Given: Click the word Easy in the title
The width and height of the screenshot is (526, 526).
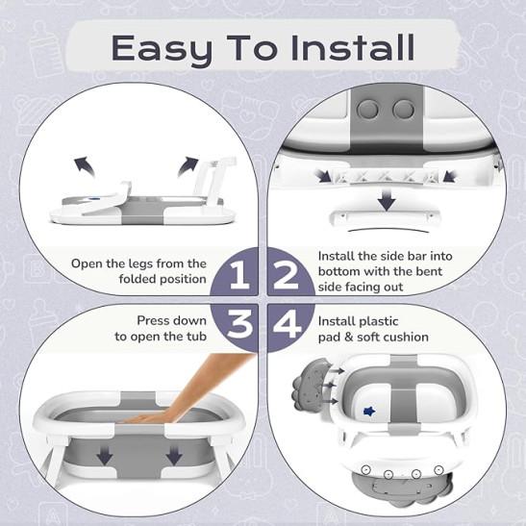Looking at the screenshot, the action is coord(162,49).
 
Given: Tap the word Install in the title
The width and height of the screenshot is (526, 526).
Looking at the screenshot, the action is coord(353,47).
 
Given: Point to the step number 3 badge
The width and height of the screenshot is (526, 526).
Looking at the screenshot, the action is coord(238,325).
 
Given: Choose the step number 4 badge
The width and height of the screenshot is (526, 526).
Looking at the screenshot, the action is coord(288,325).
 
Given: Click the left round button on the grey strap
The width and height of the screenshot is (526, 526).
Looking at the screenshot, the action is coord(367,110).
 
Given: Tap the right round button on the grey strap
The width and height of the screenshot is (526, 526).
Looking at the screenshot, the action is coord(404,110).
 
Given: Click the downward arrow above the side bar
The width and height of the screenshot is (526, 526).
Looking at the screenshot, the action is coord(387,199).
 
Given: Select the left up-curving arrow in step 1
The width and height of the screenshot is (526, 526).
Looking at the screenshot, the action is coord(85,165).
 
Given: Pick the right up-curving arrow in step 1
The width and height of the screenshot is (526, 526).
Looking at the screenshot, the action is coord(188,166).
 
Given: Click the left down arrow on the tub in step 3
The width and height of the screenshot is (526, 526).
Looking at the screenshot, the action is coord(105,456).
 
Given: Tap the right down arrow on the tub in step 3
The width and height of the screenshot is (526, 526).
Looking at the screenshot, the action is coord(174,456).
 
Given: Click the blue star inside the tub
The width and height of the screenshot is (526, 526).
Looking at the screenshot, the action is coord(369,411).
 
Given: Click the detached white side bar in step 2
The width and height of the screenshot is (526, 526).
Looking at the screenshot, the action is coord(385,217).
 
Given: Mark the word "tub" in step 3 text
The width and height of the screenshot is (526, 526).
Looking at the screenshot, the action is coord(196,336).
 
